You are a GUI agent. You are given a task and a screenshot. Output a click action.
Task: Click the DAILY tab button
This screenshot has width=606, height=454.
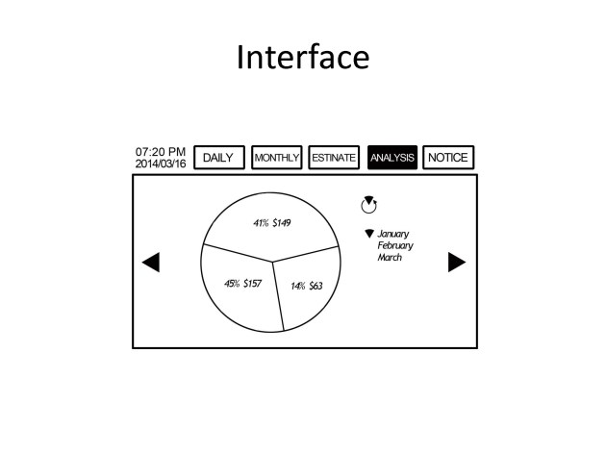tap(219, 157)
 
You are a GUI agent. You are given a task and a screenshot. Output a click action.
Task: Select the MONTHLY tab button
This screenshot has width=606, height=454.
tap(277, 157)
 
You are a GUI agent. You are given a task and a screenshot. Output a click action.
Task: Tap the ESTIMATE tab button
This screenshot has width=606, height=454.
tap(334, 157)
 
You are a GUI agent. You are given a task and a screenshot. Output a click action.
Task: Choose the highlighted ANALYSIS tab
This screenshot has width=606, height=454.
tap(392, 157)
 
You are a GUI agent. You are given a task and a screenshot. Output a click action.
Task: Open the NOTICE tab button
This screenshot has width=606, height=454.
tap(448, 157)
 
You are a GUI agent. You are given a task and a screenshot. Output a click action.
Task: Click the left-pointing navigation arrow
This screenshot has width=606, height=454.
tap(151, 263)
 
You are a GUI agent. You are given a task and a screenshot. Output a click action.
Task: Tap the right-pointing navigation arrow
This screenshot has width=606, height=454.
tap(457, 263)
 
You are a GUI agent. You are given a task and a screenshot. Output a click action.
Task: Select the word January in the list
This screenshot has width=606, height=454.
tap(393, 234)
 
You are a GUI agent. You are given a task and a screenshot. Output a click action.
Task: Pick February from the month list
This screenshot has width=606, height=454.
tap(395, 245)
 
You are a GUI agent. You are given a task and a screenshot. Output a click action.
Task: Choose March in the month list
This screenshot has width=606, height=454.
tap(390, 258)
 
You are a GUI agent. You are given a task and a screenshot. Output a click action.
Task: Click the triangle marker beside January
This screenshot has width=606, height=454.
tap(369, 234)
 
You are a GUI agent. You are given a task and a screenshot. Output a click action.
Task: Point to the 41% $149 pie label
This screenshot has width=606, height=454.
tap(272, 223)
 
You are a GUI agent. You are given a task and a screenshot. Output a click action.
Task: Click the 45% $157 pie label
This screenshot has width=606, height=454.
tap(243, 284)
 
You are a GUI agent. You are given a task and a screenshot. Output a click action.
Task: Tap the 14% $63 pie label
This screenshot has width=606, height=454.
tap(307, 286)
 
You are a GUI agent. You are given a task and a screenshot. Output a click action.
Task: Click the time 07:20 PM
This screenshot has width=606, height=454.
tap(161, 151)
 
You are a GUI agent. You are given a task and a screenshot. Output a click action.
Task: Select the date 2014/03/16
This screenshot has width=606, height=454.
tap(161, 164)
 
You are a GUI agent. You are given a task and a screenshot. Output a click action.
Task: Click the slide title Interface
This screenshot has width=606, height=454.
tap(303, 57)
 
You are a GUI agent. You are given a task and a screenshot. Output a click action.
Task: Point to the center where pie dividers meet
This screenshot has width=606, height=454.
tap(272, 263)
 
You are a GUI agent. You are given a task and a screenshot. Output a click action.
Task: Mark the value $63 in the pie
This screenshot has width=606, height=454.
tap(316, 286)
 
